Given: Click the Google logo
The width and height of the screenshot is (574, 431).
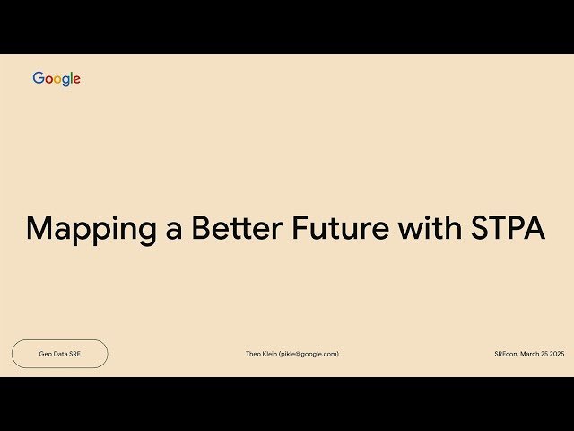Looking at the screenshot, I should click(57, 79).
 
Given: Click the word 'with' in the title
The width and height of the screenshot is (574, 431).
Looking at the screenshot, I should click(428, 227).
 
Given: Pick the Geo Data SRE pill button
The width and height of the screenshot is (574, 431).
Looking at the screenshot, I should click(59, 354).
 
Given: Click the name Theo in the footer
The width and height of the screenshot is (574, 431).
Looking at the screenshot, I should click(254, 354).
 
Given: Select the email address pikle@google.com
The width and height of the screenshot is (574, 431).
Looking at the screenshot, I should click(310, 354).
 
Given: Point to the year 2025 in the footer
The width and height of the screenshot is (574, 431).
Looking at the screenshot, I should click(556, 354).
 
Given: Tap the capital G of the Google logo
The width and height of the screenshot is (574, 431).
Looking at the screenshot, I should click(39, 78).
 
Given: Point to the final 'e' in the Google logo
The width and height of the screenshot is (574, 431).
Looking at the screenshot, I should click(77, 80).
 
